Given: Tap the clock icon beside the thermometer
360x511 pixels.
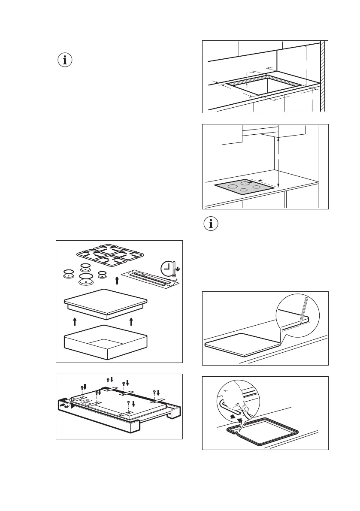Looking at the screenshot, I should [167, 269].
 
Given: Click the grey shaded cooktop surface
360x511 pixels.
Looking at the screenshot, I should [244, 187].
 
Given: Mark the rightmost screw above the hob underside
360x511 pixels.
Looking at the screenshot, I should [155, 393].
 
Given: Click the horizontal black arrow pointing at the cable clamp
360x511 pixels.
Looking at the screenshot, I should [63, 404].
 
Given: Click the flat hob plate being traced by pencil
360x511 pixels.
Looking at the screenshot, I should [242, 343].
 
